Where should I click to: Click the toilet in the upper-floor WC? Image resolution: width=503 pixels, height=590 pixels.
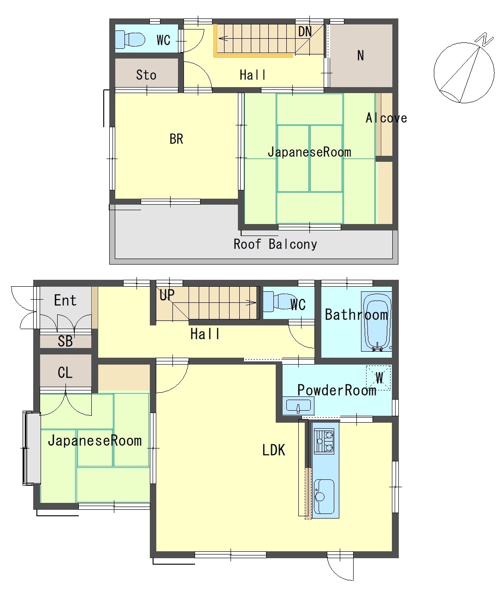pos(130,39)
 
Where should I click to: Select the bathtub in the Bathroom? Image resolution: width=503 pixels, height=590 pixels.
pos(376,321)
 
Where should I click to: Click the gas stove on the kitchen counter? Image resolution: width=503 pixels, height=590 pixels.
pos(324,441)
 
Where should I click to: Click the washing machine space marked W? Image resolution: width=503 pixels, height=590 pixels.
pos(379,378)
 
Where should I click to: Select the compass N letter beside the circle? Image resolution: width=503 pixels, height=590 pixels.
pos(485,39)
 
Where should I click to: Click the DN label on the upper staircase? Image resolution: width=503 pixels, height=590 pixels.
pos(305,31)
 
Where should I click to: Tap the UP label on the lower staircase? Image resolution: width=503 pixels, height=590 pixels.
pos(167,295)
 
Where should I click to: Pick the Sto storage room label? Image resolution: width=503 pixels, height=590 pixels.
pos(146,75)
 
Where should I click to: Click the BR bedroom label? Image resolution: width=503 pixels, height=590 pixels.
pos(177,139)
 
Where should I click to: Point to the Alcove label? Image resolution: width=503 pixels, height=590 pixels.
pos(386,118)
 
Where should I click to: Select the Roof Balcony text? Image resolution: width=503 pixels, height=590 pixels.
pos(275,244)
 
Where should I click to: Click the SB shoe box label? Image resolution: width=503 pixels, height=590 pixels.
pos(65,341)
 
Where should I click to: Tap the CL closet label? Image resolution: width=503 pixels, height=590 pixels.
pos(65,373)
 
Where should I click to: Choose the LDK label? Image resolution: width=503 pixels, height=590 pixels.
pos(273,450)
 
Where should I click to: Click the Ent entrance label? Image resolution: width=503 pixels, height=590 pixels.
pos(65,300)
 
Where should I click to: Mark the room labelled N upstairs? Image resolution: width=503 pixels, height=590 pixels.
pos(361,56)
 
